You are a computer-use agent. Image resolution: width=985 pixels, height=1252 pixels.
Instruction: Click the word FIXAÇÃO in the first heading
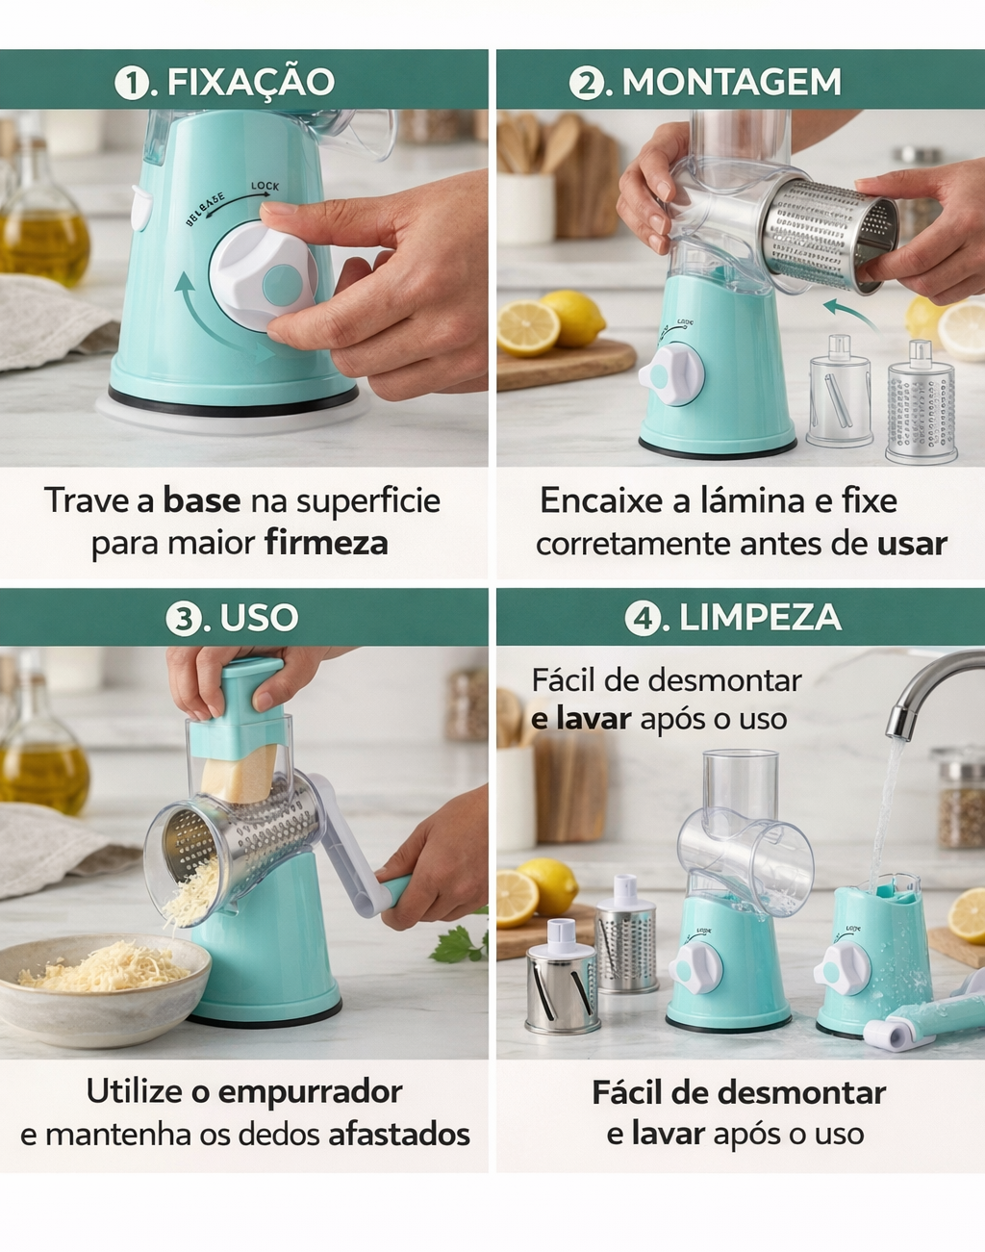coord(251,81)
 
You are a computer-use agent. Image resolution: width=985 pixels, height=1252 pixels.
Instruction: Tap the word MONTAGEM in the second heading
coord(732,82)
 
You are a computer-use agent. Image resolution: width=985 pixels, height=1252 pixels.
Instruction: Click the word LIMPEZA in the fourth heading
coord(760,617)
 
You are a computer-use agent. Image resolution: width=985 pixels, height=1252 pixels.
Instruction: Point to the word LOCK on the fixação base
coord(265,186)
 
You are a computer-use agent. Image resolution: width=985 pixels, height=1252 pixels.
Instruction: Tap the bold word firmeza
coord(327,544)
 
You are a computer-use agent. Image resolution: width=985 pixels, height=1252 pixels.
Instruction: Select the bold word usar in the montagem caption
coord(912,545)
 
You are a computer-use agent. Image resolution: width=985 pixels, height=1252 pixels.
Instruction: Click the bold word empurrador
coord(310,1092)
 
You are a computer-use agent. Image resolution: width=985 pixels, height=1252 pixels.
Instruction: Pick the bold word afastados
coord(399,1135)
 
